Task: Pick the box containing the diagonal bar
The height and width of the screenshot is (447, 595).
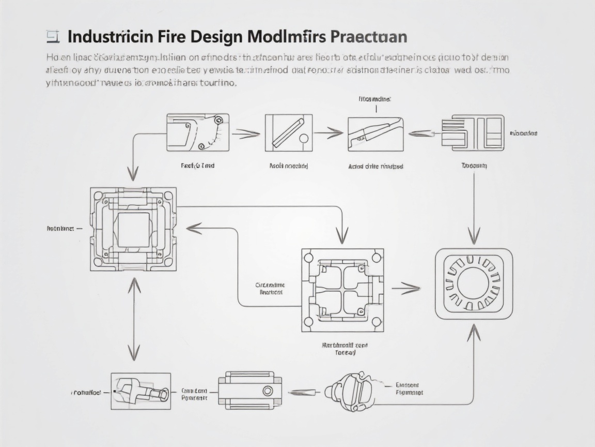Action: [288, 133]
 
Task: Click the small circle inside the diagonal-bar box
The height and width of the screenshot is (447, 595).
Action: [304, 138]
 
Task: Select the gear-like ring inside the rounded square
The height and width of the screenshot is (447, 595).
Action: [474, 283]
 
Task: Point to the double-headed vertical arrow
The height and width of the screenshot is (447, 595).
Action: [134, 319]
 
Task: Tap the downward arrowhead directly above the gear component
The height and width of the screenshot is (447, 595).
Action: [474, 236]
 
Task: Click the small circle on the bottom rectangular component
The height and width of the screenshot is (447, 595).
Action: [268, 390]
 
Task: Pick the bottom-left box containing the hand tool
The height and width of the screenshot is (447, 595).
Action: [140, 391]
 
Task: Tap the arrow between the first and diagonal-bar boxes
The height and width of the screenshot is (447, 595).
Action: [246, 134]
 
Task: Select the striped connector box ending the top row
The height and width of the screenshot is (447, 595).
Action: [472, 133]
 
